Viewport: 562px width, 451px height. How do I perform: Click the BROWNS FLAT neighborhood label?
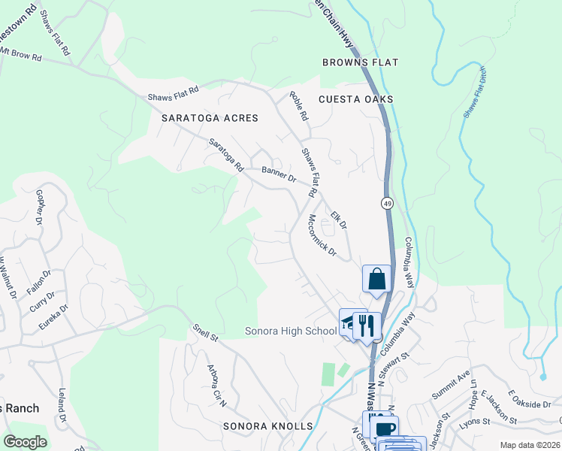tap(360, 62)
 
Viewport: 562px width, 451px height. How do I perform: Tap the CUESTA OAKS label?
tap(355, 99)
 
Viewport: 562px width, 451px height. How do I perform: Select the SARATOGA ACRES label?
tap(210, 118)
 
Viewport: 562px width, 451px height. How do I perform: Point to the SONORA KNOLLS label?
tap(267, 426)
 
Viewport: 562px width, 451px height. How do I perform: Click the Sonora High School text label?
tap(291, 331)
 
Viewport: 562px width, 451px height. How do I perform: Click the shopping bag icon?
tap(376, 279)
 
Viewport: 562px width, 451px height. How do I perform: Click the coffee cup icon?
tap(385, 428)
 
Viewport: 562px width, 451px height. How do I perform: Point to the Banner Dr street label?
tap(279, 174)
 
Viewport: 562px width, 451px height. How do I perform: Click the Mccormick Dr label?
tap(322, 235)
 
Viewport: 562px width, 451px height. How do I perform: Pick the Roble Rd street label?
tap(299, 107)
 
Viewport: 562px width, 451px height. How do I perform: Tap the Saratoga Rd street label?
tap(226, 155)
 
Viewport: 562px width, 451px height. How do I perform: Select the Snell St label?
tap(204, 331)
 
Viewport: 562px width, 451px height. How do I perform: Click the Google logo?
tap(25, 442)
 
